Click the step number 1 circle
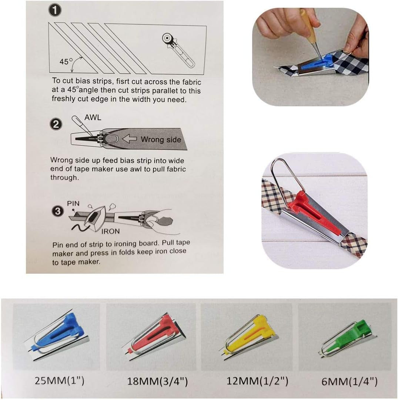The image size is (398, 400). (55, 11)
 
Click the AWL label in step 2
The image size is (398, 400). (93, 117)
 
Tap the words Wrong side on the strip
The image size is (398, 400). (161, 140)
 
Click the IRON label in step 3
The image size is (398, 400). (111, 231)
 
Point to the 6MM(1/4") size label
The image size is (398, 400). (349, 381)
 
